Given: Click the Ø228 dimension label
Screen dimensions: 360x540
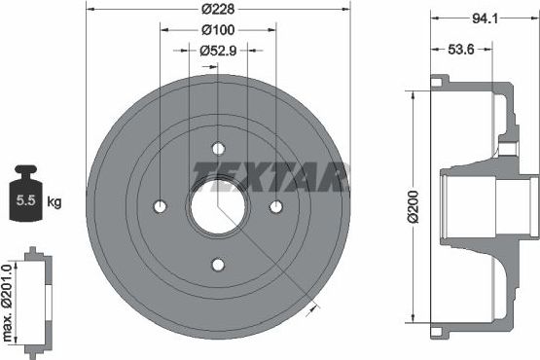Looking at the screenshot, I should pyautogui.click(x=219, y=9).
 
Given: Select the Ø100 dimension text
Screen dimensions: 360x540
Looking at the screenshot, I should pyautogui.click(x=219, y=30).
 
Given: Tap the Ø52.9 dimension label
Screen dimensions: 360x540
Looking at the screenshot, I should pyautogui.click(x=219, y=51).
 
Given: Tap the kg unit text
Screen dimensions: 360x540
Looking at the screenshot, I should pyautogui.click(x=54, y=202).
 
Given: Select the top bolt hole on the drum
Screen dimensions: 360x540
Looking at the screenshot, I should pyautogui.click(x=218, y=149).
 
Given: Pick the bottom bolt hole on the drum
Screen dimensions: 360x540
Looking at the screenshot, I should pyautogui.click(x=218, y=264).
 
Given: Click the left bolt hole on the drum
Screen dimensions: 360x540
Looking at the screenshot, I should pyautogui.click(x=161, y=206).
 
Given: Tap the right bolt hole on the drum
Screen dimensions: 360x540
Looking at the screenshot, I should pyautogui.click(x=275, y=206).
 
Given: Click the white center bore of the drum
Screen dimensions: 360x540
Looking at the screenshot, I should pyautogui.click(x=218, y=206).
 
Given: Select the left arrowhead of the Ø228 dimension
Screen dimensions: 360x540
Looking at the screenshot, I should pyautogui.click(x=90, y=18).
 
